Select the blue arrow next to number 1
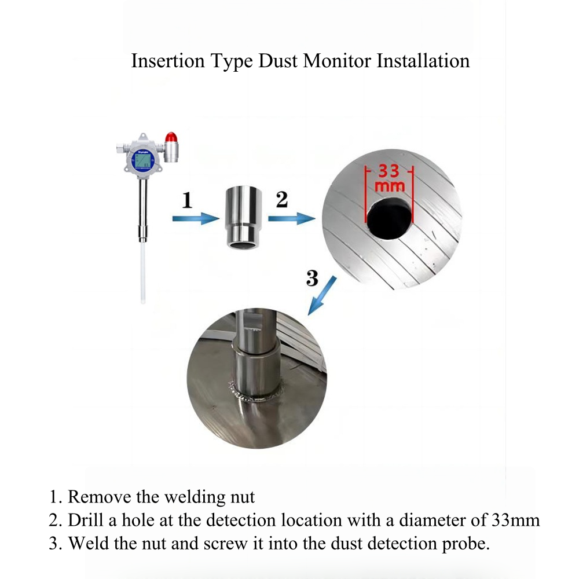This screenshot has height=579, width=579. pos(196,219)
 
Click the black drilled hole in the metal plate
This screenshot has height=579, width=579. pos(389,218)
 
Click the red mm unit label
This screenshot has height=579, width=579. pos(389,187)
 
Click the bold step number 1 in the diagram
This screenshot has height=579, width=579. pos(186,201)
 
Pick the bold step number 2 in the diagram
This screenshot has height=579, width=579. pos(281,200)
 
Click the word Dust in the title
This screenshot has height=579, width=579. pos(279,61)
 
